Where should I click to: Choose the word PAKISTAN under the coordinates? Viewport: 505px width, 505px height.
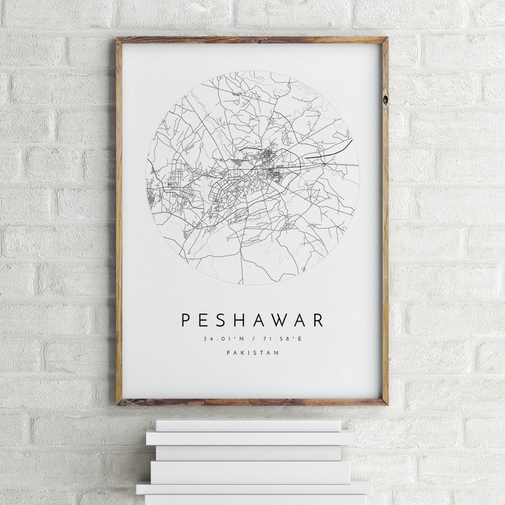[x=253, y=354]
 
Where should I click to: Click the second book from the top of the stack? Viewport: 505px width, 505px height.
[x=249, y=438]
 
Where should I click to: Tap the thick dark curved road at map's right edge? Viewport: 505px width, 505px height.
[x=331, y=150]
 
